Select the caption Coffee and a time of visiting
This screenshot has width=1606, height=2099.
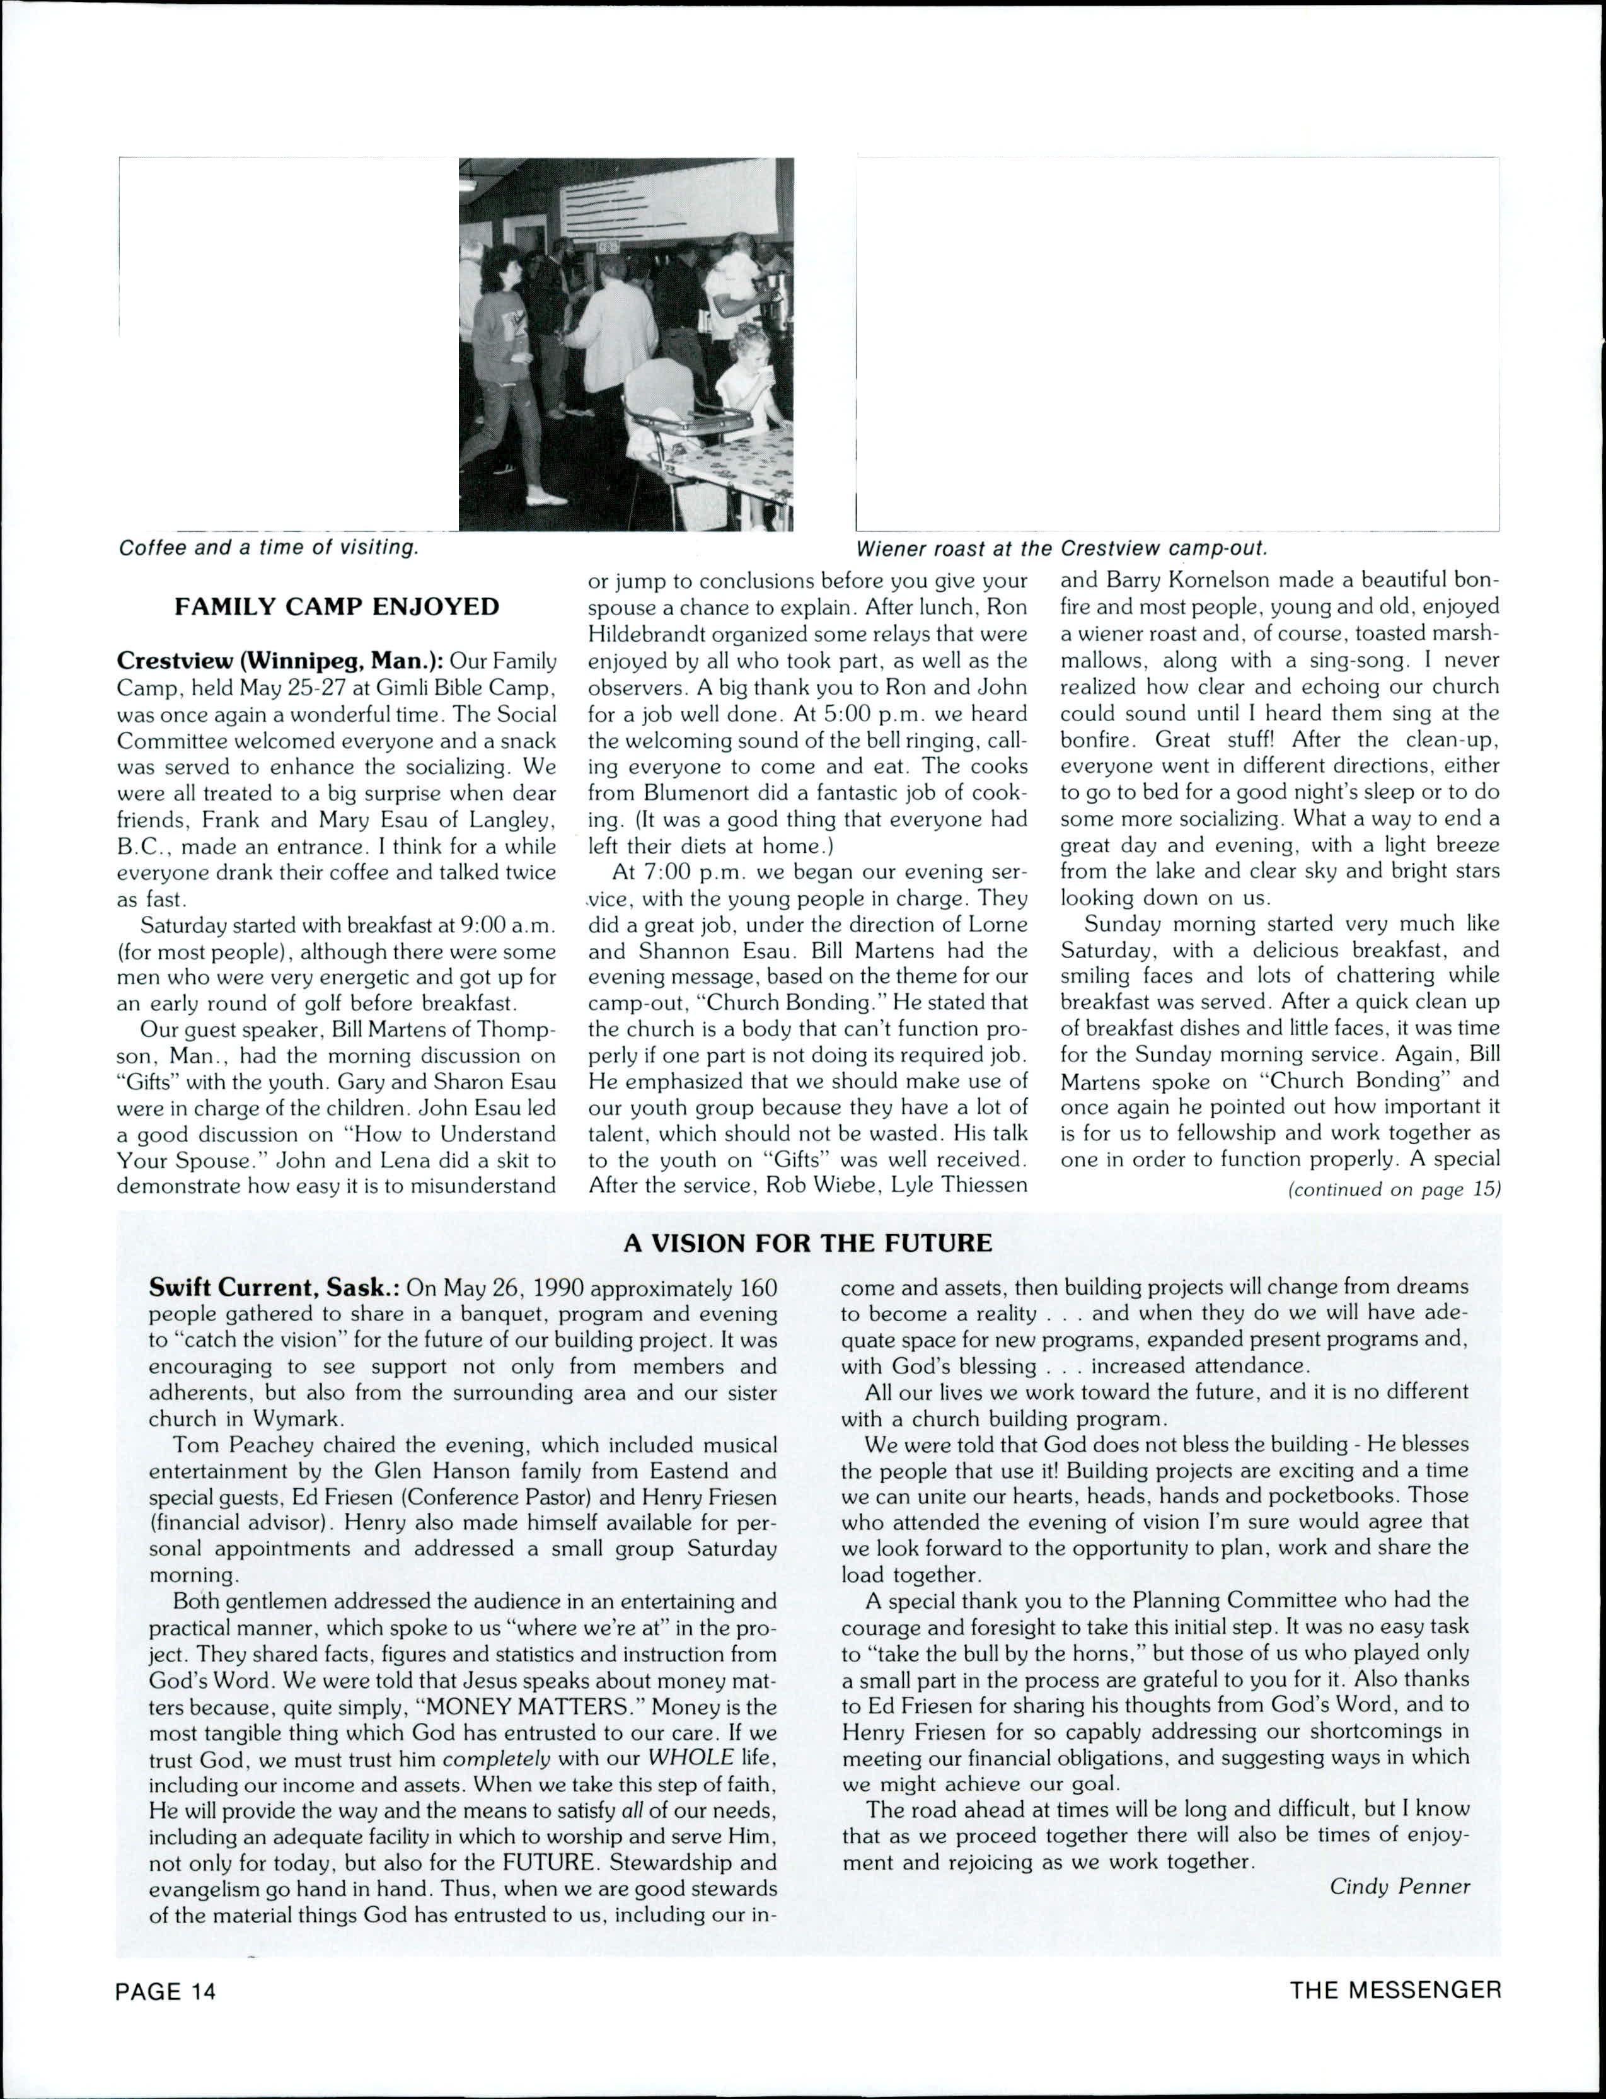(268, 548)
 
